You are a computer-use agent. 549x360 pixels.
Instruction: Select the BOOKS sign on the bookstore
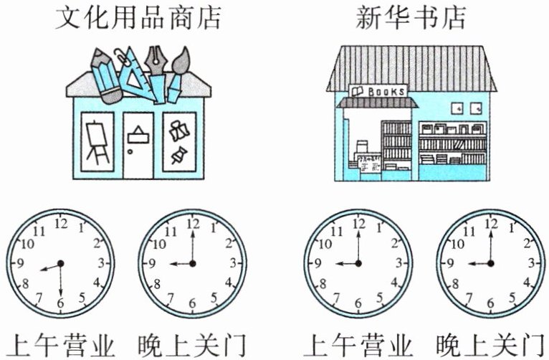[x=378, y=91]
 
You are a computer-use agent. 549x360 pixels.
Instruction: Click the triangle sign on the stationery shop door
[x=137, y=134]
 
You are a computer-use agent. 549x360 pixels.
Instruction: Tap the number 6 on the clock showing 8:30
[x=60, y=303]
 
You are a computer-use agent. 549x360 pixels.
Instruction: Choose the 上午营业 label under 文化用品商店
[x=60, y=344]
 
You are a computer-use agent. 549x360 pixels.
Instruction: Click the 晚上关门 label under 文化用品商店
[x=191, y=344]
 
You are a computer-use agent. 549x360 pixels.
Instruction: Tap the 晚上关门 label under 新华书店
[x=490, y=344]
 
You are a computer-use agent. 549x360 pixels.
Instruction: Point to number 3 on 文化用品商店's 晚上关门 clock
[x=234, y=262]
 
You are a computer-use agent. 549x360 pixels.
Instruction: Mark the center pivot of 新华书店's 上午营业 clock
[x=358, y=263]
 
